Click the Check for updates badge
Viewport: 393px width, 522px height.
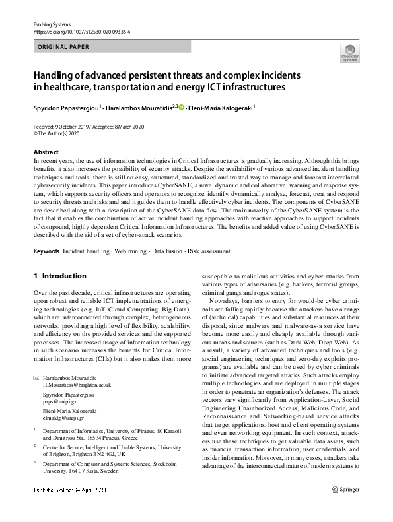pyautogui.click(x=349, y=53)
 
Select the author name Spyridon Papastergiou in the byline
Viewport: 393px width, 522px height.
pyautogui.click(x=66, y=106)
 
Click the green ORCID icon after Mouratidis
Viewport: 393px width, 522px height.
pyautogui.click(x=182, y=106)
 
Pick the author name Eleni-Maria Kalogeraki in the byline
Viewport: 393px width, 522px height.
pyautogui.click(x=221, y=106)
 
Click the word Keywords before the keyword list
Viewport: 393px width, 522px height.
pyautogui.click(x=46, y=251)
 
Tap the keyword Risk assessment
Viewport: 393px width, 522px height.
pyautogui.click(x=209, y=251)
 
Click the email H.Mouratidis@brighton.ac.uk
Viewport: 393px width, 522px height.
pyautogui.click(x=77, y=384)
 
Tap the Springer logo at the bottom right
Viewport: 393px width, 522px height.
pyautogui.click(x=345, y=508)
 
